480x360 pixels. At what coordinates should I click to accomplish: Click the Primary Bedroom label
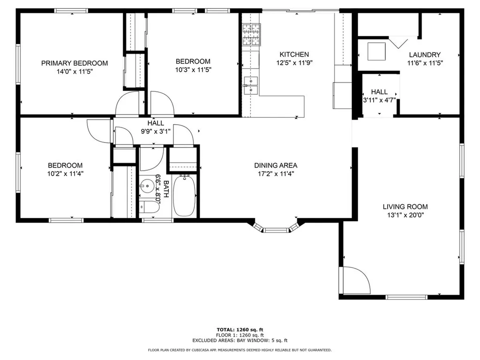coord(75,63)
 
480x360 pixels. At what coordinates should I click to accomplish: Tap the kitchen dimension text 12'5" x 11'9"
coord(294,63)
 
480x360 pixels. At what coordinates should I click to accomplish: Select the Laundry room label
coord(424,55)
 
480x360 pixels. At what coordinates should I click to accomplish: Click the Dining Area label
coord(276,165)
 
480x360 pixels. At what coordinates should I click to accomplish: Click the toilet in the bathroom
coord(148,207)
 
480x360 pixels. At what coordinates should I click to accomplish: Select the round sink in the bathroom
coord(148,186)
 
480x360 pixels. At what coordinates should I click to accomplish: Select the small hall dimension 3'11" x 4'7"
coord(379,100)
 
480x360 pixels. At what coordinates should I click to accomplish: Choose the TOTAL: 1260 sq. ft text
coord(243,330)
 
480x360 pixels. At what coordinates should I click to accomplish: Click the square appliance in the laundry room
coord(376,52)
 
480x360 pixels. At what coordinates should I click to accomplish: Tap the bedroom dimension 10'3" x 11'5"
coord(193,70)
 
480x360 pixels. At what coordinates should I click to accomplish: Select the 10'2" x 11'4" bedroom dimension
coord(65,173)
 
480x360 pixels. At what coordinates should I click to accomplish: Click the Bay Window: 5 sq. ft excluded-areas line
coord(240,341)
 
